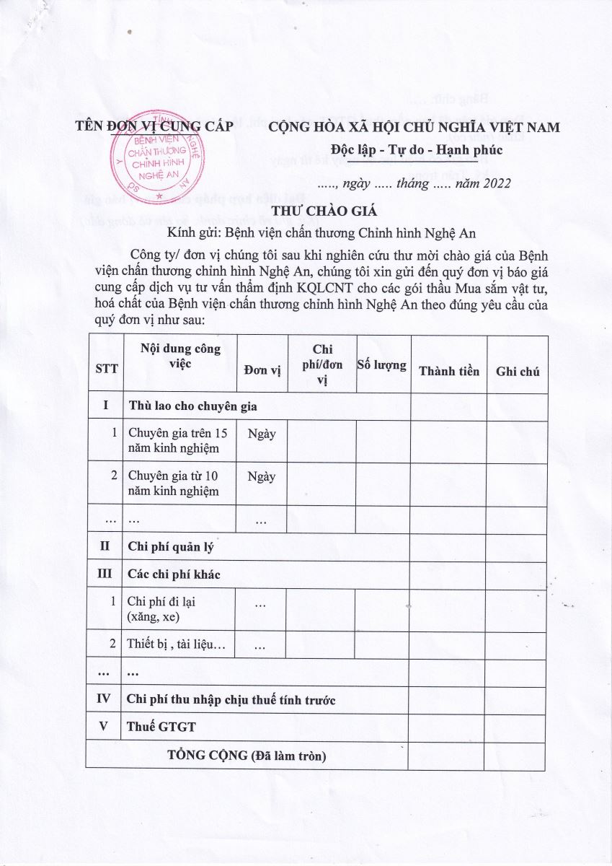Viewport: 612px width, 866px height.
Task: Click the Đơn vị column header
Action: coord(262,371)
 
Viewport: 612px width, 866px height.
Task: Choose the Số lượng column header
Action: coord(382,365)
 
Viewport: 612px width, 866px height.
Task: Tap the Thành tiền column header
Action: coord(448,371)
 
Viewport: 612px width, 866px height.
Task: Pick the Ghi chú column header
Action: coord(517,371)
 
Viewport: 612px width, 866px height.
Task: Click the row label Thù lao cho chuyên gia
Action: coord(192,406)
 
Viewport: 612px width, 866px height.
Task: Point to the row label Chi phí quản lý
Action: coord(170,547)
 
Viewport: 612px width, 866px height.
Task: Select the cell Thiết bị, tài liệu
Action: coord(176,644)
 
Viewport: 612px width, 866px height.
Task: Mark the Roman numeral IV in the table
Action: coord(104,699)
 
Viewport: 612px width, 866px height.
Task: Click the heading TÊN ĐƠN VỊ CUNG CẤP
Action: coord(154,126)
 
